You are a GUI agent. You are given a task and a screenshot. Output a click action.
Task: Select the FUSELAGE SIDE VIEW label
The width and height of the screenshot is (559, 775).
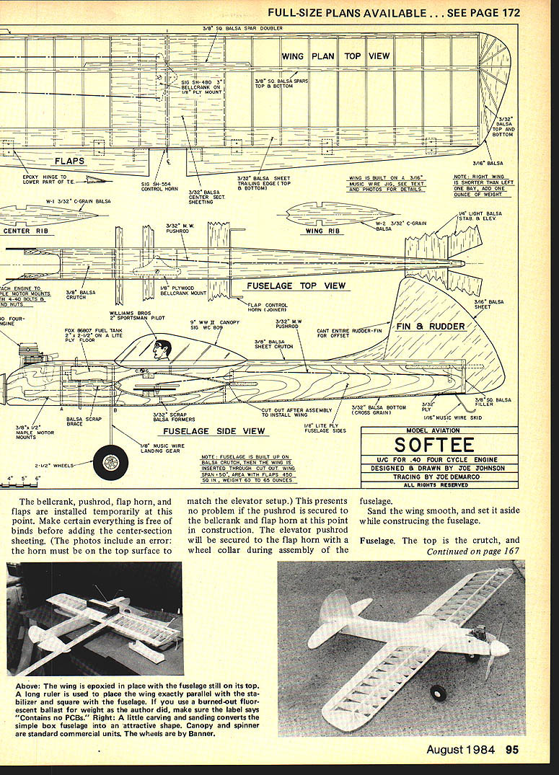(214, 431)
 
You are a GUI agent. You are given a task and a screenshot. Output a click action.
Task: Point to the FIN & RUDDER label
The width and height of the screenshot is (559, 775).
(431, 326)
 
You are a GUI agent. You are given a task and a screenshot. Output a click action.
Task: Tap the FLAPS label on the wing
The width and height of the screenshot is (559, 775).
(70, 161)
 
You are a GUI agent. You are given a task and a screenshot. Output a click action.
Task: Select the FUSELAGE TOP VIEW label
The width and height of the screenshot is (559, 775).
(296, 285)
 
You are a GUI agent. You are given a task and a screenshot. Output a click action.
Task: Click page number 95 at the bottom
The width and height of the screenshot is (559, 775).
(512, 750)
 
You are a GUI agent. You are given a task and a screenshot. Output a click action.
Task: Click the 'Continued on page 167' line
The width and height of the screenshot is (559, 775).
(473, 552)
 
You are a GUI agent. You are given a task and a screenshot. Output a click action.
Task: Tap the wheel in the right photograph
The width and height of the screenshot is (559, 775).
(438, 693)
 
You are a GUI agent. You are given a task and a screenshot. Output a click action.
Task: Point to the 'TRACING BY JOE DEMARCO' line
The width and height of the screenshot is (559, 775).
(439, 477)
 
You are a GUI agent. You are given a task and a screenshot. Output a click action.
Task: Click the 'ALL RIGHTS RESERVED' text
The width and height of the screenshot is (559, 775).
(439, 485)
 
